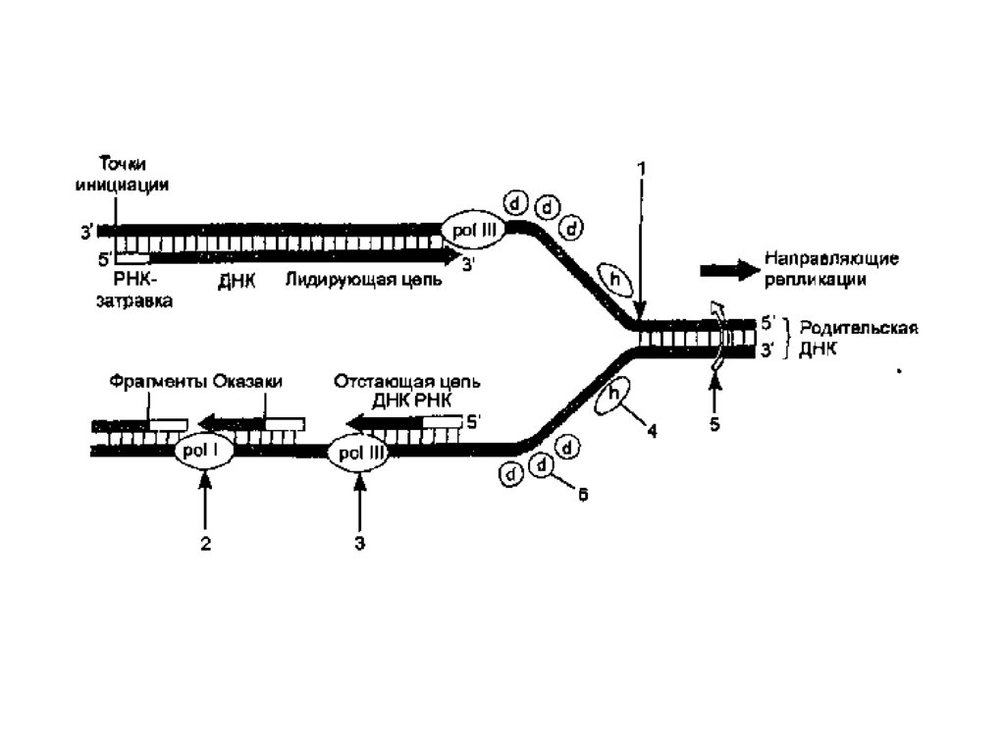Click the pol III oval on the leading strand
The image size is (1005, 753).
click(x=474, y=231)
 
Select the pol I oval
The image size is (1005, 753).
click(x=203, y=451)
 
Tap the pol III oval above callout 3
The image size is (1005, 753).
click(x=359, y=454)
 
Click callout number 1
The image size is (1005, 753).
click(x=640, y=169)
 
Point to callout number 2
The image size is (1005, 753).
click(x=205, y=544)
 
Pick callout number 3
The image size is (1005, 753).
click(x=360, y=544)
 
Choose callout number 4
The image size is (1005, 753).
click(x=652, y=430)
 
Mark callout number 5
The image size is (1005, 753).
click(x=714, y=424)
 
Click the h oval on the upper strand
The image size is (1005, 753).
click(x=614, y=280)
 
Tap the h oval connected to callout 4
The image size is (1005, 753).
click(x=613, y=396)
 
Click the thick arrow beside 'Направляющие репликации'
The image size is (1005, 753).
click(x=728, y=270)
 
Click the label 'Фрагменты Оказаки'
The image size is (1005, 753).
click(x=195, y=382)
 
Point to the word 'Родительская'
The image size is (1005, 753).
click(x=859, y=329)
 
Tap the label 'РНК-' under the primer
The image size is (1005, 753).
click(x=134, y=280)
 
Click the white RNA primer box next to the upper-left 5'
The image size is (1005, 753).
click(x=132, y=258)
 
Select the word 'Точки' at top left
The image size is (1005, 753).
click(x=123, y=164)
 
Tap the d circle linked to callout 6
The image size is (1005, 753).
click(x=542, y=465)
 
